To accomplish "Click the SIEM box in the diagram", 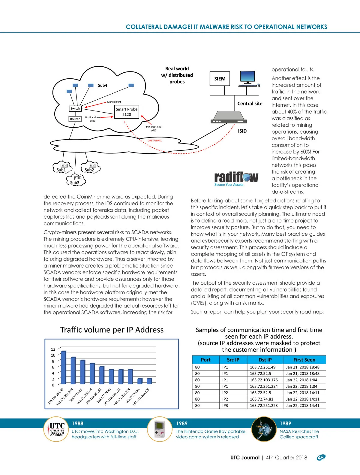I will click(x=220, y=79).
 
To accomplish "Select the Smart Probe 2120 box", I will click(x=127, y=112).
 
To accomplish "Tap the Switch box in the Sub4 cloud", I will click(x=75, y=108).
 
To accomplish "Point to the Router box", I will click(x=75, y=119).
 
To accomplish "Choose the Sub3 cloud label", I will click(x=75, y=183).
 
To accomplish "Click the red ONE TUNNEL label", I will click(x=154, y=141).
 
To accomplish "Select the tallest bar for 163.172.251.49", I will click(x=63, y=368).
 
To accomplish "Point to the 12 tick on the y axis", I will click(x=53, y=349).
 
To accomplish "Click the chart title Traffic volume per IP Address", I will click(x=112, y=330).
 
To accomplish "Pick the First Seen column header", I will click(x=304, y=360).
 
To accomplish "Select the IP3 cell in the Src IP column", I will click(x=225, y=405).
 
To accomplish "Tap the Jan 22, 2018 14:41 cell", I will click(x=303, y=405).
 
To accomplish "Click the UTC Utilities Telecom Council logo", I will click(x=57, y=429).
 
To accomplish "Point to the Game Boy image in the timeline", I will click(x=160, y=429).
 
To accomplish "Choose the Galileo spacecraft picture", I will click(x=263, y=429).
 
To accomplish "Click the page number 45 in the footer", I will click(x=321, y=458).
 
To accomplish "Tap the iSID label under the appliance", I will click(x=242, y=131).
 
